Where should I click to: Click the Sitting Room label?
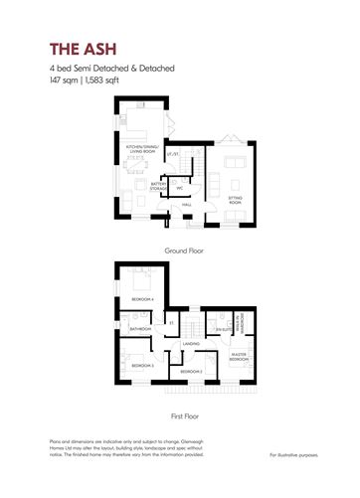[237, 198]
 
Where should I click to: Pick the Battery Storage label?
[157, 185]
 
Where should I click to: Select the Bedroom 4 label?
[141, 299]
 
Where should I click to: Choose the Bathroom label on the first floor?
[140, 328]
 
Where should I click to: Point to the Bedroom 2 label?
[192, 371]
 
